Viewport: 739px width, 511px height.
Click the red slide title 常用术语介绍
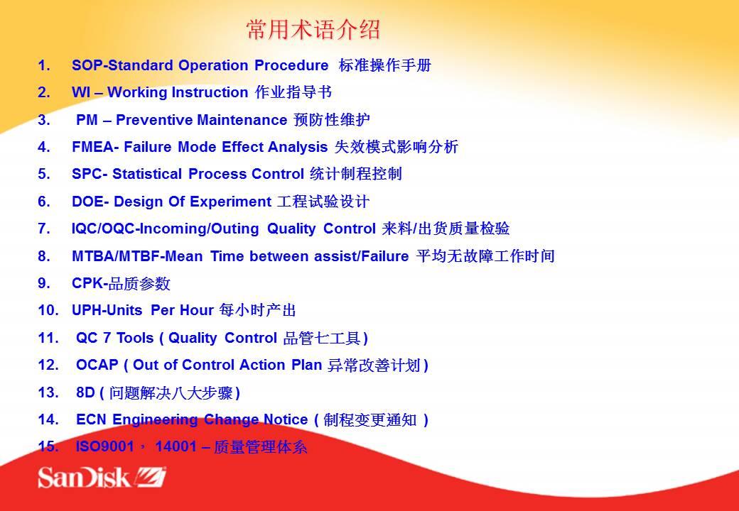click(313, 30)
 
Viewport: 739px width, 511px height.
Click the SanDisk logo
click(102, 477)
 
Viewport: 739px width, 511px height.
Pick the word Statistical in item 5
click(147, 174)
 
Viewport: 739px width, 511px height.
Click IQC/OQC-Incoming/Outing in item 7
click(166, 229)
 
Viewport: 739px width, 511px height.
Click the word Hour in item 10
click(197, 311)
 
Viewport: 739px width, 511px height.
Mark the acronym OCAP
click(97, 365)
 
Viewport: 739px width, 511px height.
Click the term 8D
click(85, 392)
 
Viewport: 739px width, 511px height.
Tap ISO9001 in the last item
click(105, 446)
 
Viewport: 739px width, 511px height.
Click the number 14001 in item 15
click(176, 446)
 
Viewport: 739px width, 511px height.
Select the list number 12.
click(48, 365)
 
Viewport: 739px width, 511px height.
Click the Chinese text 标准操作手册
click(384, 65)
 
